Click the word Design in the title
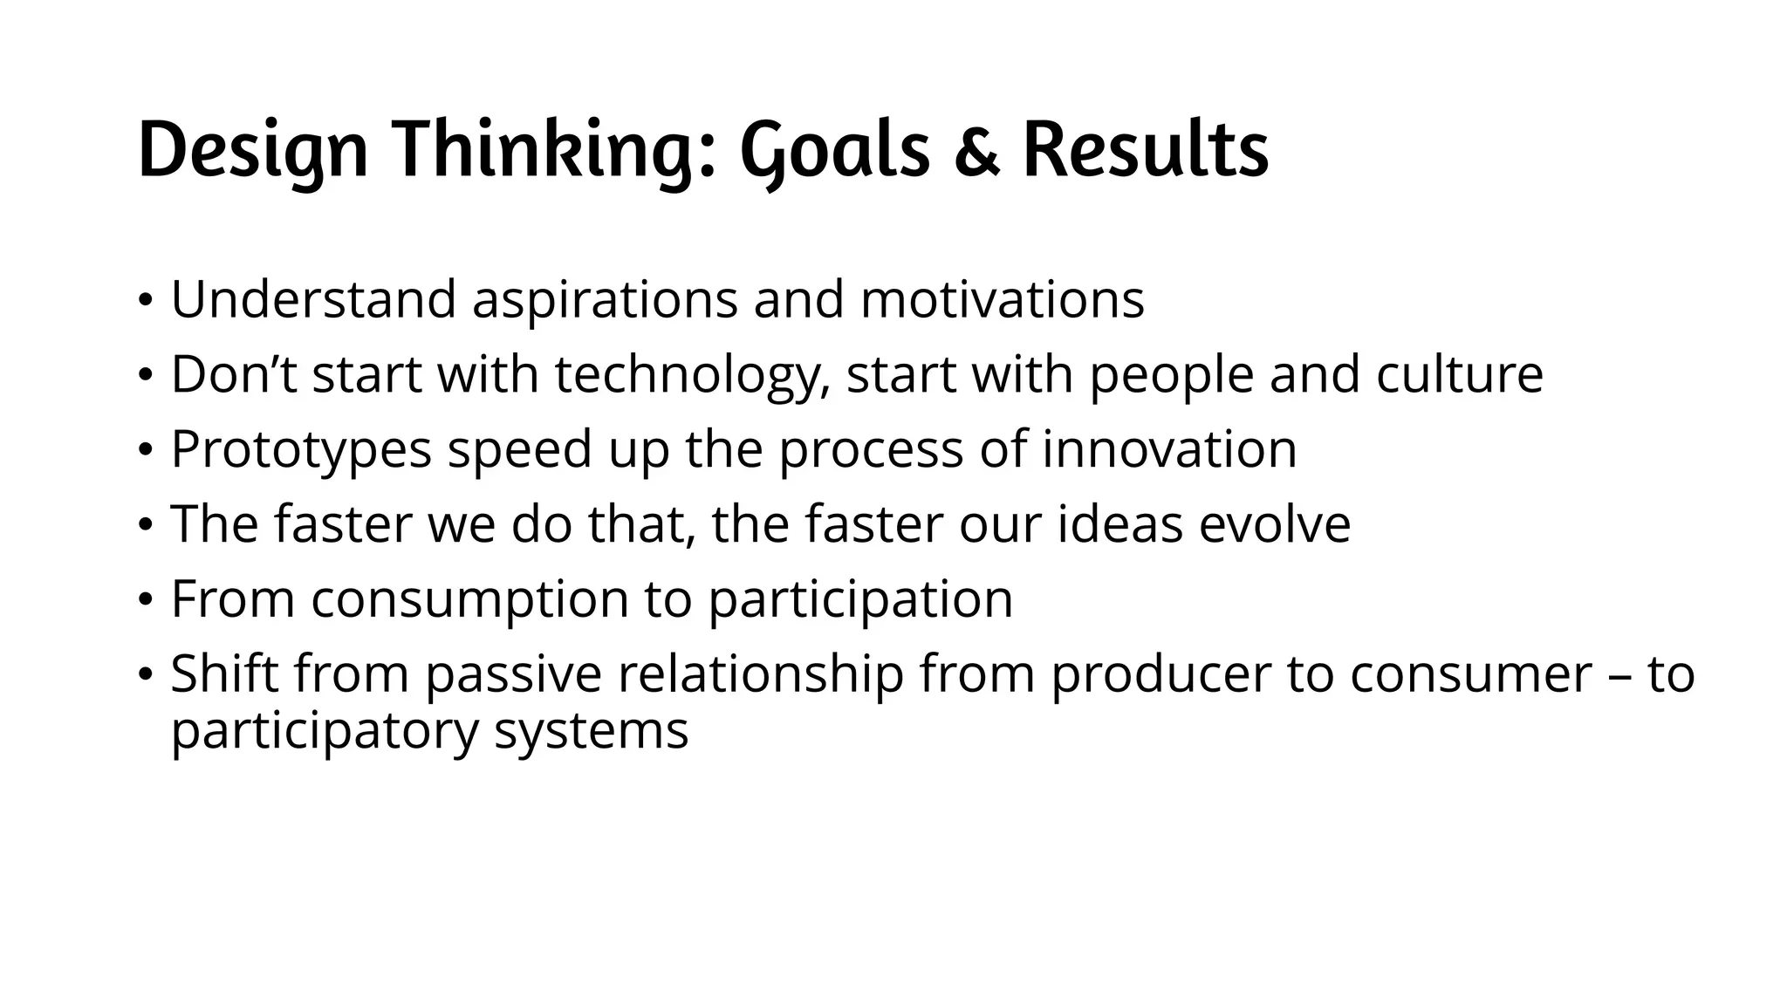[252, 152]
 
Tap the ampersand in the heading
[976, 154]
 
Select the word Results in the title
[1145, 152]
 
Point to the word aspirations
[605, 300]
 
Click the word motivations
[1002, 300]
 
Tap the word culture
[1459, 375]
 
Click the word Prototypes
[301, 450]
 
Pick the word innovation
[1169, 450]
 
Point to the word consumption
[469, 600]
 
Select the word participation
[859, 600]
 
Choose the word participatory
[325, 731]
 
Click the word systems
[591, 731]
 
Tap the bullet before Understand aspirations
[145, 302]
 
